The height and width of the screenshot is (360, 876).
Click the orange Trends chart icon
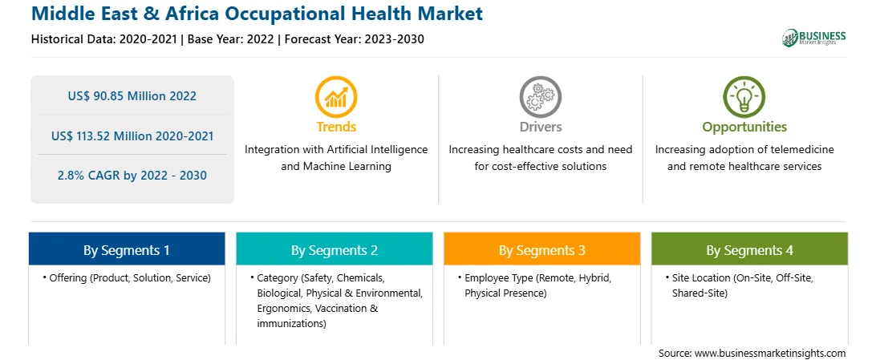[x=336, y=96]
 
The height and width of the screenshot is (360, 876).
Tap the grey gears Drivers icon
[x=540, y=96]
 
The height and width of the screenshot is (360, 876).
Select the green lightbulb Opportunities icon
[x=744, y=96]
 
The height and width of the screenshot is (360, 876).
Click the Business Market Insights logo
[x=814, y=38]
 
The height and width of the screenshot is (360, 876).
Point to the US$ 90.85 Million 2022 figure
[x=132, y=96]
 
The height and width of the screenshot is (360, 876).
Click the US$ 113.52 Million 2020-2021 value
[x=132, y=136]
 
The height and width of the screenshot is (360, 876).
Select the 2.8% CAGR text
[x=132, y=176]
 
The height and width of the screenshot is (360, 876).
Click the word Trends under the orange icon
[x=336, y=127]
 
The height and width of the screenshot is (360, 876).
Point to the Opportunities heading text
[x=744, y=127]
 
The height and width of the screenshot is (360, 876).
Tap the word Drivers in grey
[x=541, y=127]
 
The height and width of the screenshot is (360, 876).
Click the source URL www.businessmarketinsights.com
[x=770, y=353]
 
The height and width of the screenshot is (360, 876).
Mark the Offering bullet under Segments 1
[x=126, y=277]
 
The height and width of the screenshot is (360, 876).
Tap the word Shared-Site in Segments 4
[x=700, y=293]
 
